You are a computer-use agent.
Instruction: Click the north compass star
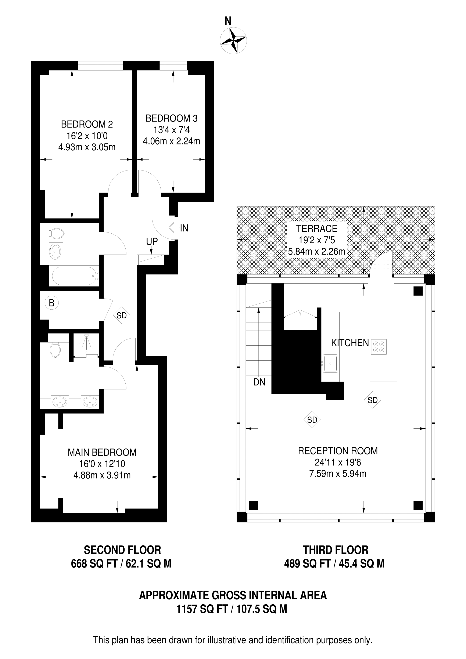[x=233, y=40]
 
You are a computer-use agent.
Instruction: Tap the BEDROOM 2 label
[x=87, y=124]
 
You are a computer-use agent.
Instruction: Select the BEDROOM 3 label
[x=171, y=118]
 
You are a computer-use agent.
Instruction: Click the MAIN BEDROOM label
[x=102, y=452]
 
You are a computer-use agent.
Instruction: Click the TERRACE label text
[x=317, y=228]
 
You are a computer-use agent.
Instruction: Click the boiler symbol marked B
[x=52, y=303]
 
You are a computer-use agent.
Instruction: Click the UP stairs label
[x=152, y=242]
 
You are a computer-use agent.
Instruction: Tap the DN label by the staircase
[x=259, y=382]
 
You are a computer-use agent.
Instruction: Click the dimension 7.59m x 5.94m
[x=338, y=474]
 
